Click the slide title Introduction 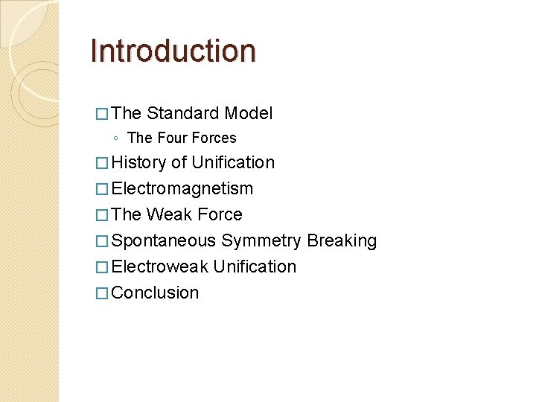point(173,51)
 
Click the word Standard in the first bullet point(182,113)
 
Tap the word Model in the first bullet point(249,113)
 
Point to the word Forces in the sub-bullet point(214,138)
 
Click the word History point(139,162)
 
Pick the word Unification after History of point(233,162)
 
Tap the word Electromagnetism point(182,188)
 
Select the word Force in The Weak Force point(220,214)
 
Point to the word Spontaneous point(164,240)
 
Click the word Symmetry point(261,240)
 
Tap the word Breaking point(342,240)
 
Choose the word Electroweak point(159,267)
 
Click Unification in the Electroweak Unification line point(255,267)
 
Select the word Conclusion point(156,293)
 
